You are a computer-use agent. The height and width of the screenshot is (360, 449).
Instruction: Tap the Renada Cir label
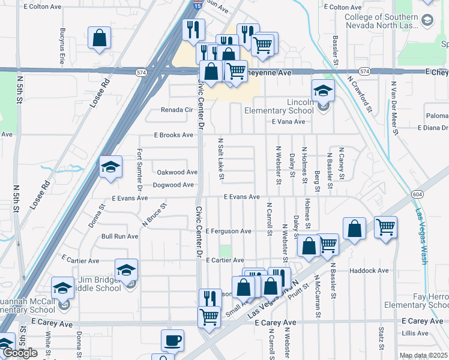tap(176, 110)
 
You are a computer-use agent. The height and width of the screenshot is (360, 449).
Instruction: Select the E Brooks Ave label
tap(175, 136)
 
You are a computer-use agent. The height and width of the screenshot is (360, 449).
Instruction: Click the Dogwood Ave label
tap(173, 185)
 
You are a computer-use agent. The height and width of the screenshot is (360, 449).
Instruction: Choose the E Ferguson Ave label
tap(228, 231)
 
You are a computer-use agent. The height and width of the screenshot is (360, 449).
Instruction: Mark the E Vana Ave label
tap(288, 122)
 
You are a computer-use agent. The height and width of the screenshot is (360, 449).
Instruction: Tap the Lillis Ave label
tap(415, 332)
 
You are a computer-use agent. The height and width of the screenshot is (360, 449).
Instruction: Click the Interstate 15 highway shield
tap(197, 5)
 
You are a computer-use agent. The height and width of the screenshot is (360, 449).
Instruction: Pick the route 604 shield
tap(418, 194)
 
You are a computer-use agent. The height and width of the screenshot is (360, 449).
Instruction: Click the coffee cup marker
tap(173, 340)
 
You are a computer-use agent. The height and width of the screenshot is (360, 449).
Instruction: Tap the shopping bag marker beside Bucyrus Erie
tap(100, 38)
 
